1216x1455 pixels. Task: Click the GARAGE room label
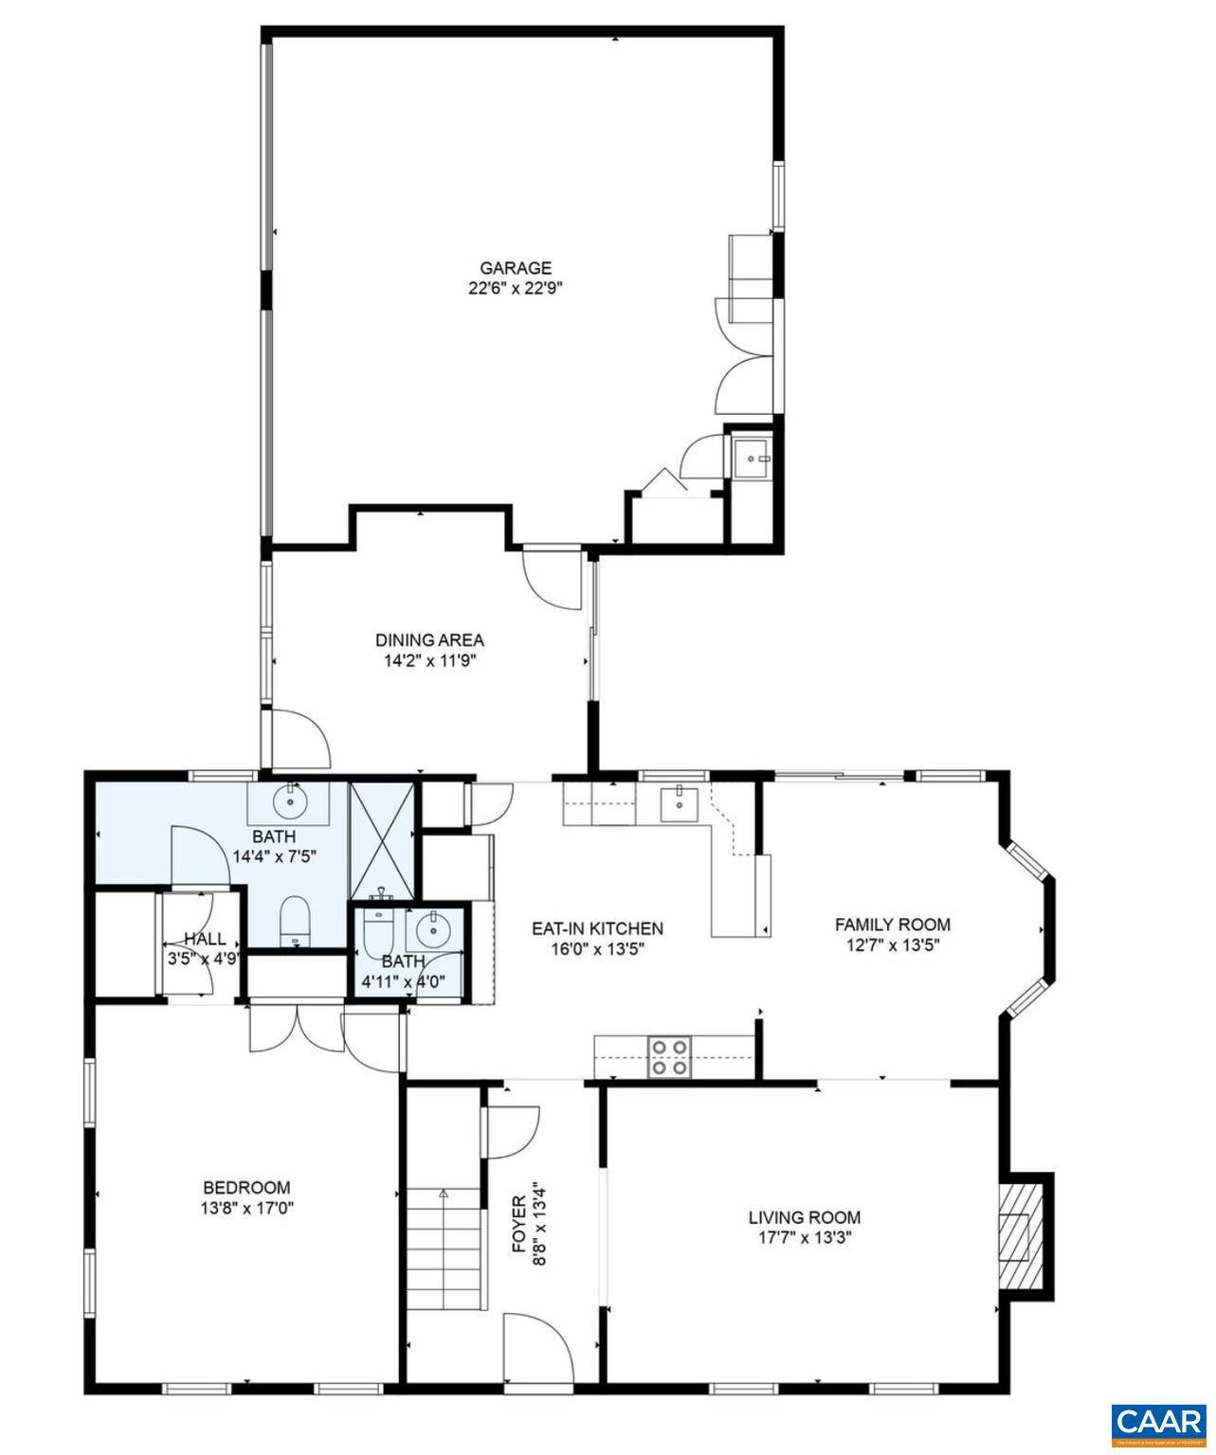(x=515, y=268)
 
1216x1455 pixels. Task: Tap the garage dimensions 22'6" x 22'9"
(x=515, y=288)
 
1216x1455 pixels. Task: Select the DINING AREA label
(x=428, y=640)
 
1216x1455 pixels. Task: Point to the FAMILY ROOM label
(x=891, y=924)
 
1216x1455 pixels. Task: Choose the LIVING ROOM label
(x=804, y=1217)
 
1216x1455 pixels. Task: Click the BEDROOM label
(x=246, y=1187)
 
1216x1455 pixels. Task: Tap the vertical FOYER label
(x=519, y=1224)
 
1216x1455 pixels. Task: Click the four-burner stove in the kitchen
(x=669, y=1056)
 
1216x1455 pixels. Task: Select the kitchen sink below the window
(x=680, y=803)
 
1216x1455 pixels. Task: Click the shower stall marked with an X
(x=381, y=840)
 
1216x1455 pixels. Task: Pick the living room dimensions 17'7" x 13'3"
(x=804, y=1237)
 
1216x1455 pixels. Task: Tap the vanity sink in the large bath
(x=289, y=803)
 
